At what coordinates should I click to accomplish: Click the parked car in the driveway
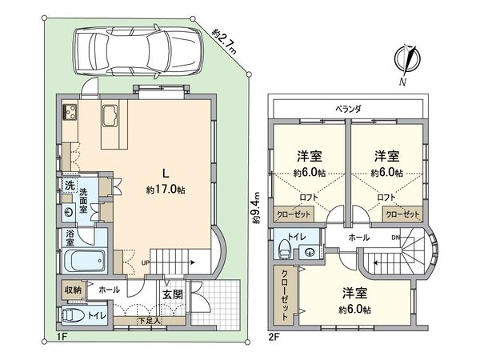(x=138, y=52)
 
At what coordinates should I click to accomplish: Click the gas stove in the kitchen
(x=70, y=112)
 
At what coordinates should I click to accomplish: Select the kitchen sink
(x=110, y=116)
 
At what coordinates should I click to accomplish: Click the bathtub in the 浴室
(x=85, y=261)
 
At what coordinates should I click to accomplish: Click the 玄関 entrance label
(x=173, y=294)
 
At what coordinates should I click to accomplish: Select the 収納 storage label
(x=73, y=290)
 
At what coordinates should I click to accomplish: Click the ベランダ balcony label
(x=348, y=109)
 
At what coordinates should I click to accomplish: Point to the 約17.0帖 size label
(x=166, y=190)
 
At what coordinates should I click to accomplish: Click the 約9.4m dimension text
(x=257, y=208)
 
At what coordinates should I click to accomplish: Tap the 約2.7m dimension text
(x=224, y=41)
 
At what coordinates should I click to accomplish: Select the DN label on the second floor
(x=395, y=238)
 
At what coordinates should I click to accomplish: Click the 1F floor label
(x=62, y=337)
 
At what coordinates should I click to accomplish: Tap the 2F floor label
(x=274, y=337)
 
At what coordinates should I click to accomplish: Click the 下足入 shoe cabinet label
(x=150, y=321)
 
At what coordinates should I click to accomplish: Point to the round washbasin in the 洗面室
(x=69, y=212)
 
